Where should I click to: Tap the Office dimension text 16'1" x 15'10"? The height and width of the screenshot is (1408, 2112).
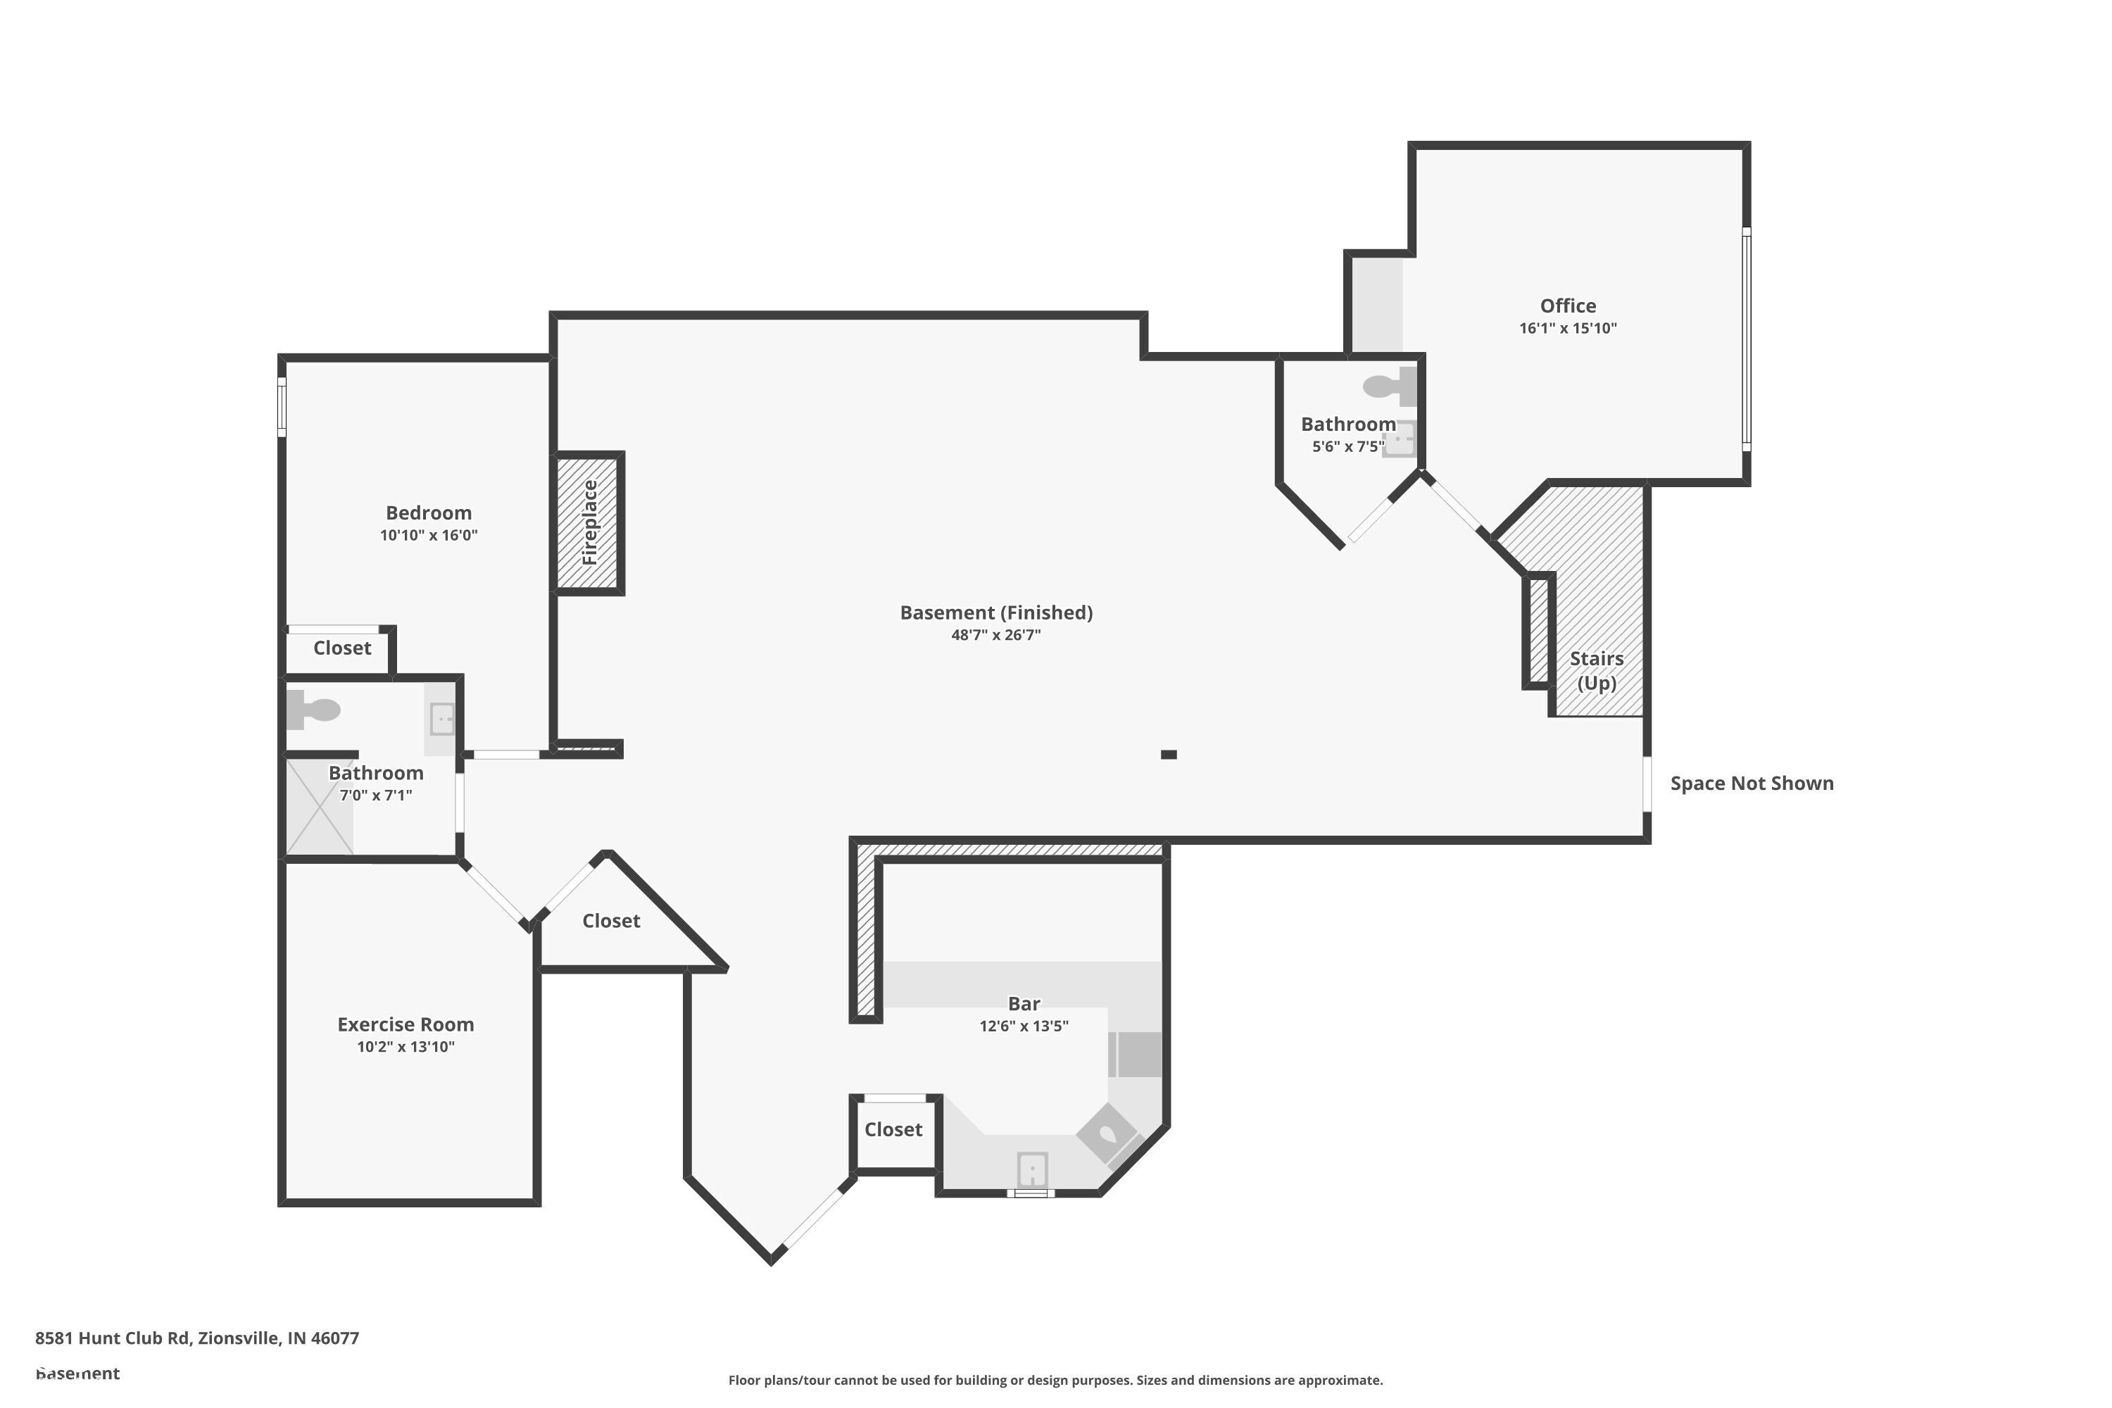pyautogui.click(x=1568, y=329)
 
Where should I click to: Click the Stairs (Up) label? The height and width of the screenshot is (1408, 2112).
pyautogui.click(x=1597, y=671)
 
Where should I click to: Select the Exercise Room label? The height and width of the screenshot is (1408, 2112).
pyautogui.click(x=405, y=1024)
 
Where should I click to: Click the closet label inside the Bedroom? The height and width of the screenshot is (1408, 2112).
pyautogui.click(x=341, y=648)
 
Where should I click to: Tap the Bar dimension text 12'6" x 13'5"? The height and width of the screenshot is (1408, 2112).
pyautogui.click(x=1024, y=1026)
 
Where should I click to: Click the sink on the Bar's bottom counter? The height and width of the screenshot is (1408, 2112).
pyautogui.click(x=1032, y=1170)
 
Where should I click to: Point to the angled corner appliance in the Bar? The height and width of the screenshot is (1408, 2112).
pyautogui.click(x=1107, y=1133)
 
